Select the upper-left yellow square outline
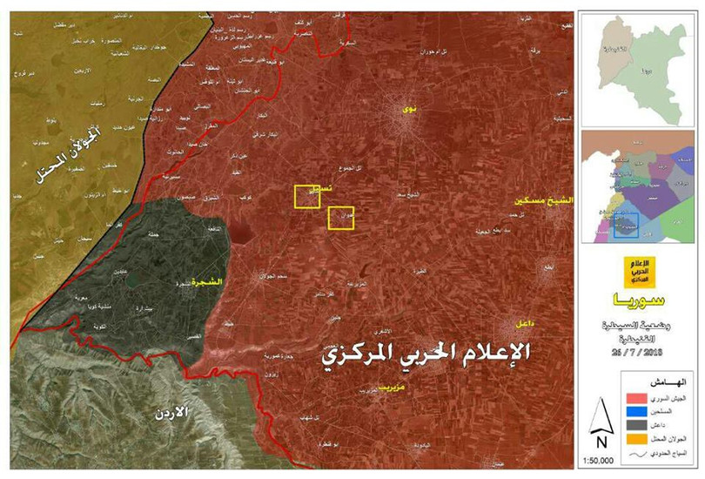click(307, 197)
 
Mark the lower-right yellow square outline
click(340, 218)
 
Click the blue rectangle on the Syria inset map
click(625, 225)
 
